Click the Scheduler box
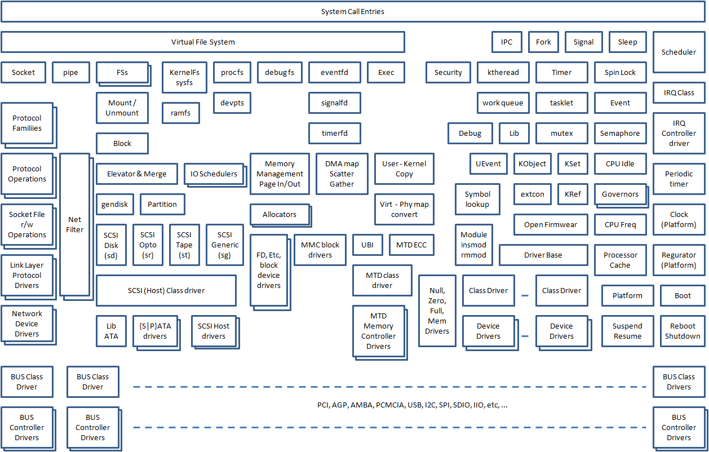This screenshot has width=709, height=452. pyautogui.click(x=679, y=52)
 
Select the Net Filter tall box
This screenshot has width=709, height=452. pyautogui.click(x=74, y=224)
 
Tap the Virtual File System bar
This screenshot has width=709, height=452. pyautogui.click(x=203, y=42)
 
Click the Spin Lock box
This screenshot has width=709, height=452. pyautogui.click(x=620, y=73)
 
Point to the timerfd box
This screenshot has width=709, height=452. pyautogui.click(x=334, y=134)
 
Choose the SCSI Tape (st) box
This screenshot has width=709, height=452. pyautogui.click(x=184, y=245)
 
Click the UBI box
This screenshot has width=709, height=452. pyautogui.click(x=367, y=245)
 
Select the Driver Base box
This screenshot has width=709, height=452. pyautogui.click(x=543, y=255)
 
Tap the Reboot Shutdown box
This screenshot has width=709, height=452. pyautogui.click(x=682, y=331)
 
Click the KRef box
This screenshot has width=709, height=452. pyautogui.click(x=572, y=194)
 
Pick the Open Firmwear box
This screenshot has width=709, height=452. pyautogui.click(x=550, y=225)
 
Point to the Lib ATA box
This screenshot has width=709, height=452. pyautogui.click(x=111, y=331)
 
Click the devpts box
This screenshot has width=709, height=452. pyautogui.click(x=232, y=103)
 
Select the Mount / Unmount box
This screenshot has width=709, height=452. pyautogui.click(x=122, y=108)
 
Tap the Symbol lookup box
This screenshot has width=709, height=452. pyautogui.click(x=477, y=199)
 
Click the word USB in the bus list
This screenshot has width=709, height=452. pyautogui.click(x=414, y=405)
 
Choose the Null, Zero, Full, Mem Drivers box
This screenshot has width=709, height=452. pyautogui.click(x=437, y=311)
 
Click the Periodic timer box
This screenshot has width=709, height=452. pyautogui.click(x=679, y=179)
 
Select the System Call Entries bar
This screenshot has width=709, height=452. pyautogui.click(x=353, y=12)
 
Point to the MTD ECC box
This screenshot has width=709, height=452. pyautogui.click(x=411, y=245)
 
